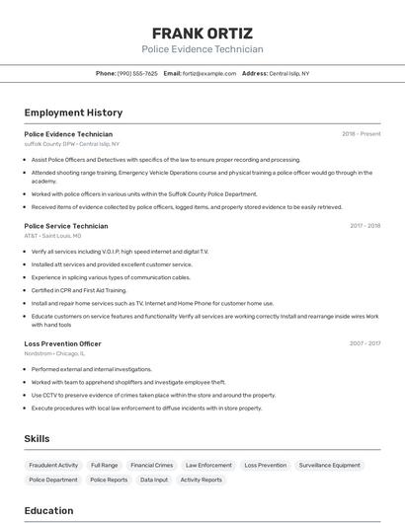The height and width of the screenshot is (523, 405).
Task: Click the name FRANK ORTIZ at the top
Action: (x=202, y=33)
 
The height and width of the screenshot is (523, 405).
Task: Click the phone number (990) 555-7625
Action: (x=137, y=73)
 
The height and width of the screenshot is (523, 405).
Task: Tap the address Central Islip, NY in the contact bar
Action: (x=289, y=73)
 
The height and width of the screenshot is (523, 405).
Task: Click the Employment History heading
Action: (x=73, y=112)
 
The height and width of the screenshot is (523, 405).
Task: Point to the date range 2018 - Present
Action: (x=361, y=133)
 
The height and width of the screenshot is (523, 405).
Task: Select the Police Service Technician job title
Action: (x=66, y=225)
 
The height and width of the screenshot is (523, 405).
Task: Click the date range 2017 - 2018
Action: (x=364, y=225)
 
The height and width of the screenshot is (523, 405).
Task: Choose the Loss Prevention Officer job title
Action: (x=63, y=343)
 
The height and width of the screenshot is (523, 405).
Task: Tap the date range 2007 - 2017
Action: (x=364, y=343)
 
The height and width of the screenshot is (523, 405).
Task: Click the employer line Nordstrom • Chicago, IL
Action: (x=55, y=353)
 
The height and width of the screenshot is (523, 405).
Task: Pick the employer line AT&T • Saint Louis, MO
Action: (x=53, y=235)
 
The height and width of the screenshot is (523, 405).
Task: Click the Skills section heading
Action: (x=37, y=438)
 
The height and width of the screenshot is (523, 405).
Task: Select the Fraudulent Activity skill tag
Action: (x=53, y=465)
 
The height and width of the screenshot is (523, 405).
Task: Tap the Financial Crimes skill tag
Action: (x=151, y=465)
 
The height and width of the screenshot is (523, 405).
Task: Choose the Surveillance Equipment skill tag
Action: (x=330, y=465)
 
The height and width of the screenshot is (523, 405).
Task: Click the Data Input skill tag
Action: (x=153, y=480)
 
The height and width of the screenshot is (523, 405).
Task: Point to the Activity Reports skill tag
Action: (x=202, y=480)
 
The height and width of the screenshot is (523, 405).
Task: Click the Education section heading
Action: (x=48, y=510)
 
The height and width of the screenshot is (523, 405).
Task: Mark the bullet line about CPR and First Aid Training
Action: (x=79, y=290)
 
